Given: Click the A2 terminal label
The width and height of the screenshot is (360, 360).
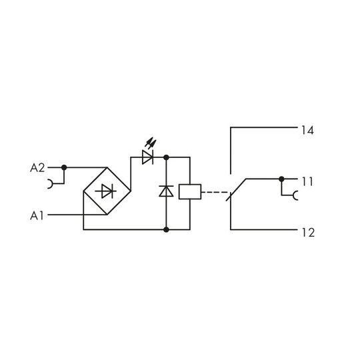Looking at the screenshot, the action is [x=37, y=168].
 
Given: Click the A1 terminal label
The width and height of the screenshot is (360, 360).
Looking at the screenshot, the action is [x=37, y=216].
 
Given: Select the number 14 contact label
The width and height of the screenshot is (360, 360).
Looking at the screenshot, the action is [x=307, y=131].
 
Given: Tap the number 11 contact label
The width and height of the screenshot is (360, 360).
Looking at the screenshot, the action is [x=307, y=181].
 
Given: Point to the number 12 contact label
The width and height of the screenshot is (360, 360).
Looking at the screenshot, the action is [x=308, y=233].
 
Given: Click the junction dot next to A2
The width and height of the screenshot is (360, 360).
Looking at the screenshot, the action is [x=64, y=167].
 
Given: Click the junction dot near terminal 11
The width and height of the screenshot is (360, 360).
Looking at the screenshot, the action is [x=281, y=179].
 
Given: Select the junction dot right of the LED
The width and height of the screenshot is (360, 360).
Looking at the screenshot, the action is [x=166, y=157].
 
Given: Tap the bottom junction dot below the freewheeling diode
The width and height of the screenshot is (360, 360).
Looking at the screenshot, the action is [x=166, y=229].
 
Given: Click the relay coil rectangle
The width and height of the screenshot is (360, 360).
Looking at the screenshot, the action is [x=190, y=192].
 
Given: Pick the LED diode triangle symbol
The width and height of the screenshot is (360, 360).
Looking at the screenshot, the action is [x=147, y=157].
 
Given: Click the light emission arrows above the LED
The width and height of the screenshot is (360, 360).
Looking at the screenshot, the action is [x=151, y=143].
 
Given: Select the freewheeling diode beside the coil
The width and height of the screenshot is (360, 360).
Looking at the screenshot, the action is [x=166, y=191].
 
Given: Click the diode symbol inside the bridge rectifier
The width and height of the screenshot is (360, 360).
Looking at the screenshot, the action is [x=106, y=191].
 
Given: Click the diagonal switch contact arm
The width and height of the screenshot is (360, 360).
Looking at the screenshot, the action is [x=236, y=189].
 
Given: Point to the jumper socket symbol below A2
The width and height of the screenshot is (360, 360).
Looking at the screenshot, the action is [x=50, y=184].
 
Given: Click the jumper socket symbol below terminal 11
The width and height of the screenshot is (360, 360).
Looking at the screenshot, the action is [x=295, y=195].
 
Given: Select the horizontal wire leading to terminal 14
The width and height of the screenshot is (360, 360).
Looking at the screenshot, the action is [x=264, y=127].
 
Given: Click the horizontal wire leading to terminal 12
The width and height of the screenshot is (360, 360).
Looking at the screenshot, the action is [x=264, y=229].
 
